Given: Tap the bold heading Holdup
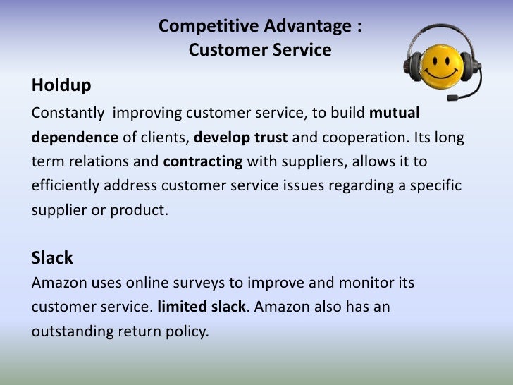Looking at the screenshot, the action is tap(61, 86).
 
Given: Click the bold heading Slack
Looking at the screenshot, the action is tap(52, 258).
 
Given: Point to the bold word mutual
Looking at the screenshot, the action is tap(395, 112).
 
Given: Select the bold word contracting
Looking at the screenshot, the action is tap(204, 161).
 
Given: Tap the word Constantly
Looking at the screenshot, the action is tap(68, 112).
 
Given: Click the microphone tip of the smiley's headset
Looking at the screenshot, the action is tap(450, 96).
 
